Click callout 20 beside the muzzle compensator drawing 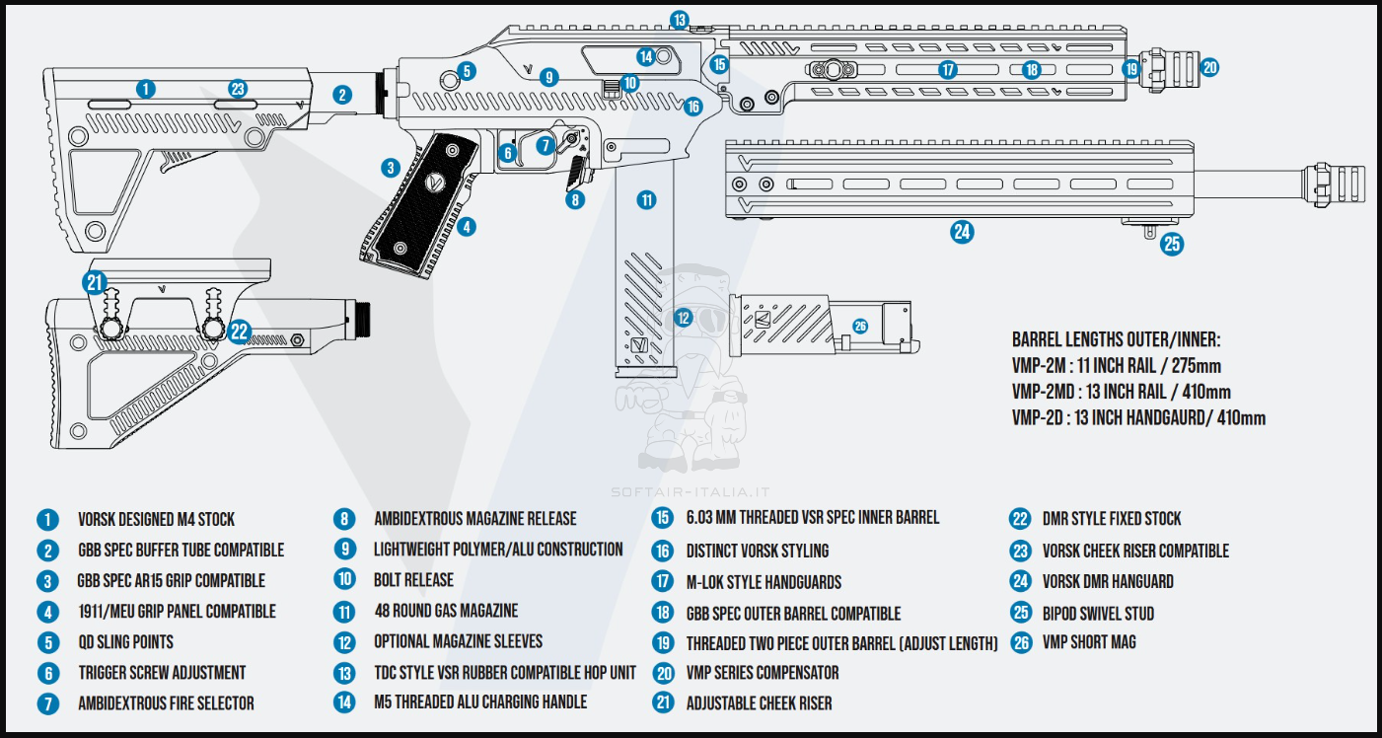(x=1209, y=68)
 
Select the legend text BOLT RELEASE (x=413, y=579)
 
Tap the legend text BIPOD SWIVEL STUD (x=1098, y=613)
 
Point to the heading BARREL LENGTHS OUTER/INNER (x=1116, y=339)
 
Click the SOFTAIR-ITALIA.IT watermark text (x=691, y=491)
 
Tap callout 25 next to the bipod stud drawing (x=1172, y=244)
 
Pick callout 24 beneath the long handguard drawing (x=962, y=232)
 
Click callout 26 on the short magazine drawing (x=859, y=327)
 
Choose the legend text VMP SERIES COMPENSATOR (x=763, y=673)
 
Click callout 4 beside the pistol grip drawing (x=466, y=226)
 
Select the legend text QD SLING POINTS (x=125, y=642)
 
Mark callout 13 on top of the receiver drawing (x=679, y=20)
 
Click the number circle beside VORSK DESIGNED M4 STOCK (x=47, y=519)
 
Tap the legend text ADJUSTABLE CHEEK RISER (x=759, y=703)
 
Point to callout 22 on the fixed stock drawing (x=240, y=332)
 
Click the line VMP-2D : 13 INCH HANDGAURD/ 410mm (x=1138, y=417)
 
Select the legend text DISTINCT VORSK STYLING (x=758, y=551)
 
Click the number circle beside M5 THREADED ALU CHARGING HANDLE (x=344, y=702)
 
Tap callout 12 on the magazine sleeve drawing (x=683, y=318)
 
